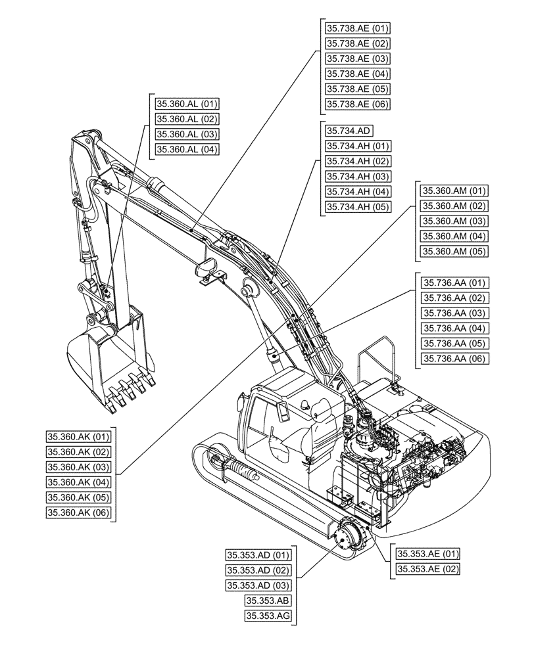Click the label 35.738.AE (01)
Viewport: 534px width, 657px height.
coord(358,28)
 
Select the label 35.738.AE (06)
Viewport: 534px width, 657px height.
coord(358,104)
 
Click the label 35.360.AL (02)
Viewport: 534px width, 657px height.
coord(187,119)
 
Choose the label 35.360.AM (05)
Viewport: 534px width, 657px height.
coord(454,252)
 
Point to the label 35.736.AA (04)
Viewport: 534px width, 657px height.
coord(454,328)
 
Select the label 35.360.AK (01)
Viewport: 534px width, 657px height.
coord(80,437)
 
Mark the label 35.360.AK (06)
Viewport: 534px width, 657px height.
coord(80,512)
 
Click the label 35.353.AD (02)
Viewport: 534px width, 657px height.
coord(257,570)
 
